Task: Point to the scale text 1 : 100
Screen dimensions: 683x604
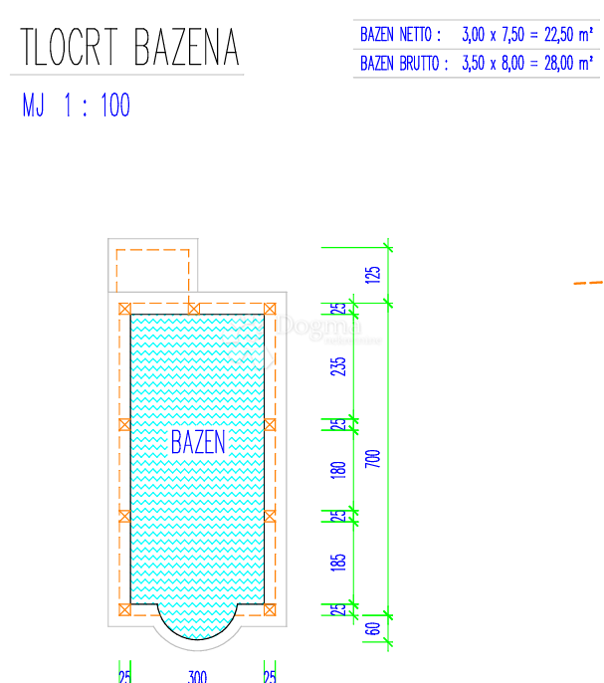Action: click(x=98, y=106)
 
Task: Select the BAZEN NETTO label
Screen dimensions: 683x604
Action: click(x=401, y=35)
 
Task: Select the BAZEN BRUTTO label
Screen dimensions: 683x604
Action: click(x=404, y=64)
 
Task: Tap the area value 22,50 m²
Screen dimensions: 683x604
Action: click(x=562, y=35)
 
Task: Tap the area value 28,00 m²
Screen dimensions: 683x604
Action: click(x=562, y=64)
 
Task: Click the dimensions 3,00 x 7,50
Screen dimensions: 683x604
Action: click(x=491, y=35)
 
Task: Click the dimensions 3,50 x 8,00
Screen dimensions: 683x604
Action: click(x=491, y=64)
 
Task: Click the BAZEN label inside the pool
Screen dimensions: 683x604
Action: click(x=198, y=442)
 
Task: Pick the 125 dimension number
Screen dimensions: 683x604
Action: click(x=373, y=274)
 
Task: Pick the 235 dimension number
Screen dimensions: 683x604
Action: click(x=339, y=366)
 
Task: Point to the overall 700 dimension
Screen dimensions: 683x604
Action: click(x=373, y=459)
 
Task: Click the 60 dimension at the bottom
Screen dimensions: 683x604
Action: click(x=373, y=627)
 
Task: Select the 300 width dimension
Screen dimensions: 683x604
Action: click(x=197, y=677)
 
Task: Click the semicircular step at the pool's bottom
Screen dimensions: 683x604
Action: click(x=198, y=621)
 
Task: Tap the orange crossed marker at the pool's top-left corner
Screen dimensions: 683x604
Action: click(x=124, y=309)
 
